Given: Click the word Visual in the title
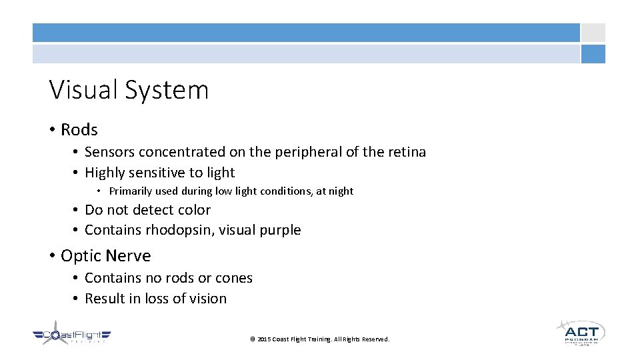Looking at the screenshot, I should coord(78,90).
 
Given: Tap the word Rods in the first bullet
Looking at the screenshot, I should coord(79,129).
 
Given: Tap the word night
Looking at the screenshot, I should coord(340,191).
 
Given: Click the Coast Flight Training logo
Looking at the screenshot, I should coord(71,336).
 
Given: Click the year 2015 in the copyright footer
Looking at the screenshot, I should coord(264,339).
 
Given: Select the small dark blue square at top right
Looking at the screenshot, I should coord(593,54).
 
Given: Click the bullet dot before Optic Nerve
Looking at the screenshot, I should coord(52,256).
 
